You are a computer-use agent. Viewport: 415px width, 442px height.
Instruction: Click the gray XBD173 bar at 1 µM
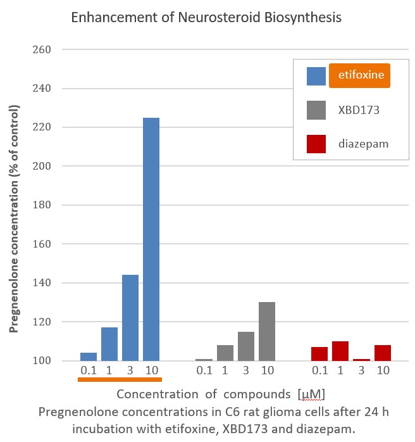[225, 353]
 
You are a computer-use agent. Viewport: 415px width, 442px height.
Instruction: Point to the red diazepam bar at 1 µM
[341, 351]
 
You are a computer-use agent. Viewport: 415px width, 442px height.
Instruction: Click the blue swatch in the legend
[316, 76]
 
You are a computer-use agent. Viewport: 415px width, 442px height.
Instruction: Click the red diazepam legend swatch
[316, 144]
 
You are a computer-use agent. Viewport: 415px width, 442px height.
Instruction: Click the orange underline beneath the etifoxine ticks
[120, 380]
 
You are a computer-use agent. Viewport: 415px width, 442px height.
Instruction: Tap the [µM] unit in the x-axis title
[311, 395]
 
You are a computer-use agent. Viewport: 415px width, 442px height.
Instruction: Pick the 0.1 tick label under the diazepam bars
[320, 370]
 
